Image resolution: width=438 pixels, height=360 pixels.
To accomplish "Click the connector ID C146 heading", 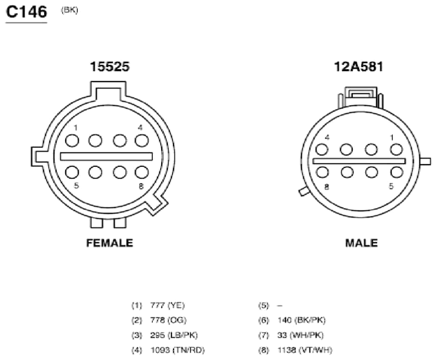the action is pos(26,12).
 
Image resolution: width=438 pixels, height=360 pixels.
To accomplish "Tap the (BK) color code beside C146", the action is pos(69,10).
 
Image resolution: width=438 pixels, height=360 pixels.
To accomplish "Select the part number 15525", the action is pos(110,67).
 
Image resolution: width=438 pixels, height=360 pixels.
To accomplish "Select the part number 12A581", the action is pos(359,67).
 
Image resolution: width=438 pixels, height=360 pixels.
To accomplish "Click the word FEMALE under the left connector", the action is pos(110,243).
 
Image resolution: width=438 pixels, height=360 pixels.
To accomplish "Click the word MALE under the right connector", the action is pos(362,243).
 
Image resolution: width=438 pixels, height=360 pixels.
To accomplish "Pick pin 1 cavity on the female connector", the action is pos(72,140).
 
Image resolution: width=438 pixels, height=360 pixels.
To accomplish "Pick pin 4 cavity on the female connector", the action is pos(142,140).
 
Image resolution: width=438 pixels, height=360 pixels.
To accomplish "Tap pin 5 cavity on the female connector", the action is pos(72,172).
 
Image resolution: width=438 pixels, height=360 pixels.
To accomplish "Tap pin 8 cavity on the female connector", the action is pos(142,172).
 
